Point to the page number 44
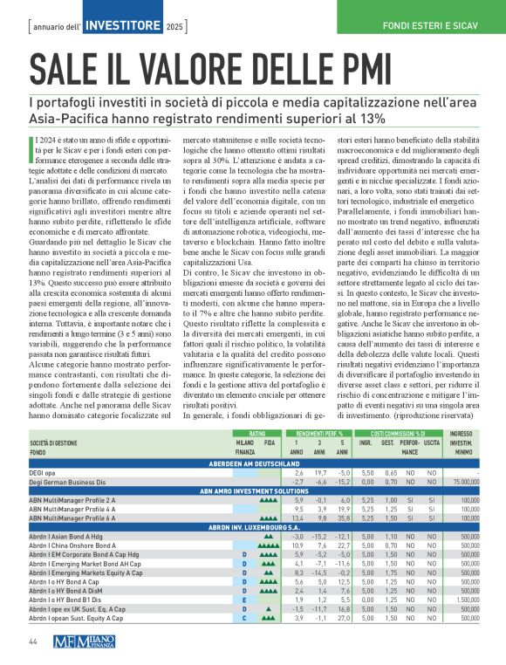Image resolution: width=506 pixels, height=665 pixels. click(32, 642)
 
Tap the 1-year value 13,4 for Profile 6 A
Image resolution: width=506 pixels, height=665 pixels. click(298, 518)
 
